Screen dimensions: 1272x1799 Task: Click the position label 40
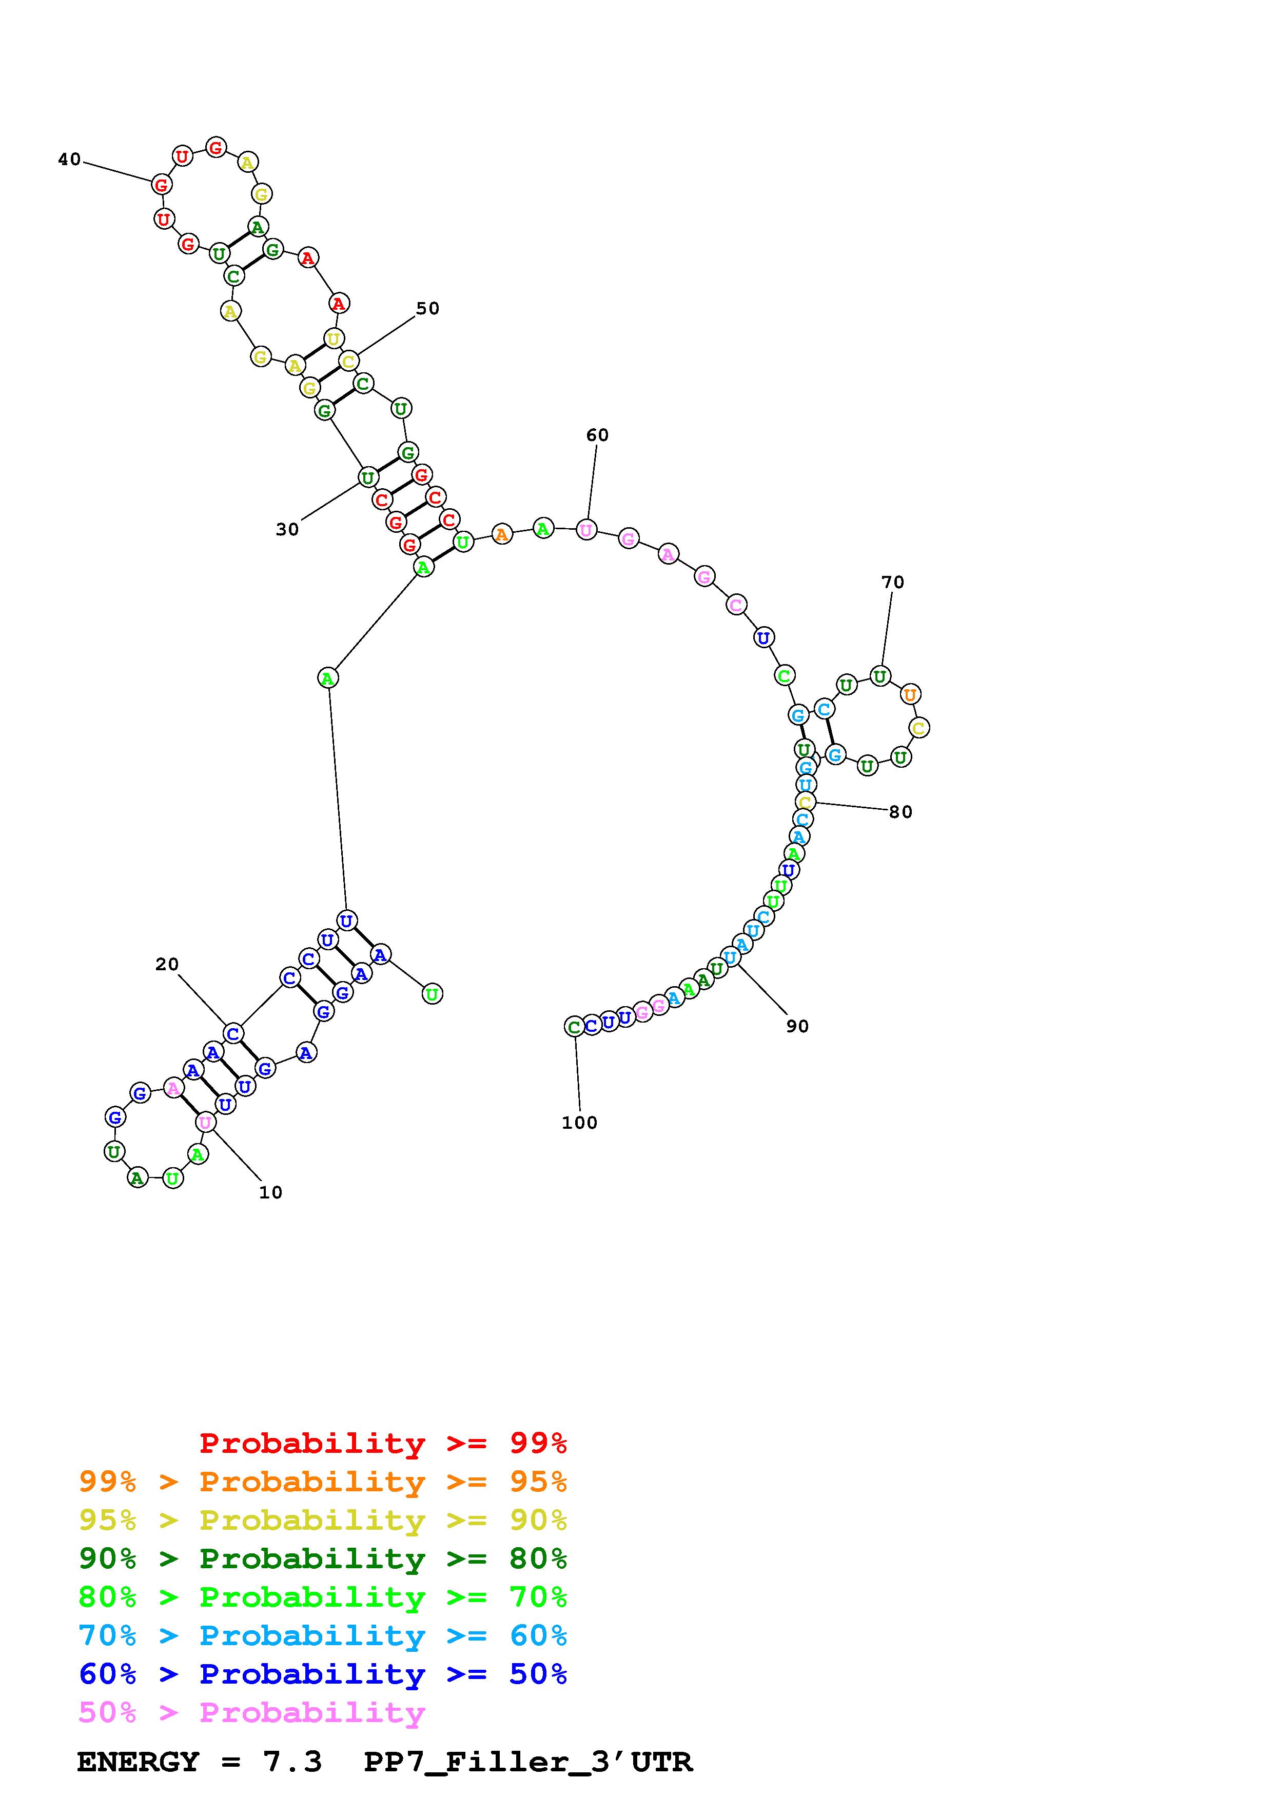point(70,160)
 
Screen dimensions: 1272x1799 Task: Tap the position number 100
point(579,1123)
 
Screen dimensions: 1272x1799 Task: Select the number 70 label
point(893,582)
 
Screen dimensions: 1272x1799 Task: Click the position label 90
point(797,1027)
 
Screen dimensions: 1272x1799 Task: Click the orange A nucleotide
point(502,534)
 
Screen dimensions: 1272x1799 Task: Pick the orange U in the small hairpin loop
point(910,694)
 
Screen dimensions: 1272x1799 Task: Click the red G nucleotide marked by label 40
point(162,186)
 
